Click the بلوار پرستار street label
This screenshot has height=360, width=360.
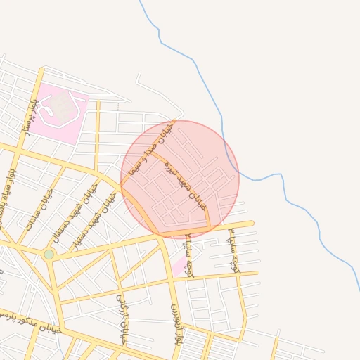[x=29, y=116]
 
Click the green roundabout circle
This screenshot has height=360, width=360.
[x=49, y=254]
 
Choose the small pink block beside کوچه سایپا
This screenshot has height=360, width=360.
[x=180, y=266]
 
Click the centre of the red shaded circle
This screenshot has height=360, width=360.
[x=180, y=179]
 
